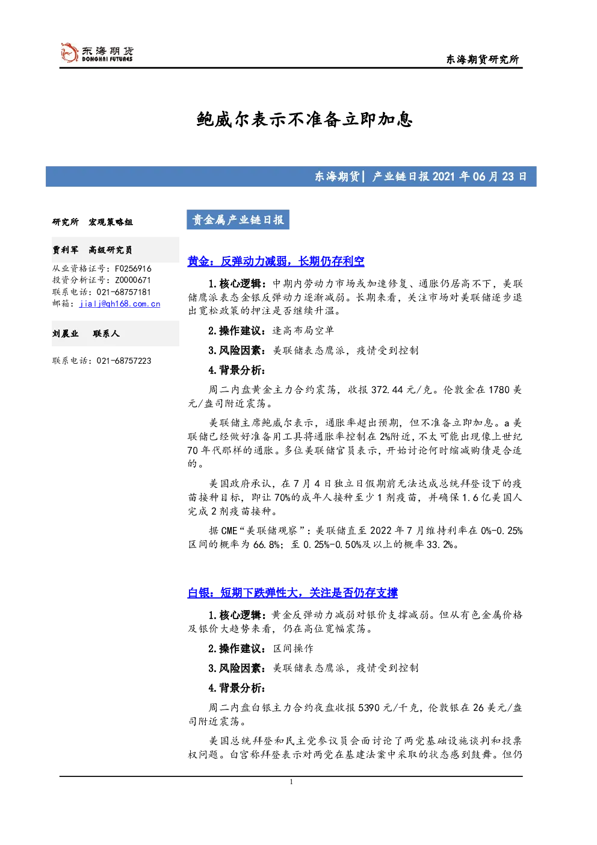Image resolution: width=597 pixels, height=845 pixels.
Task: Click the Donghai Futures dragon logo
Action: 69,52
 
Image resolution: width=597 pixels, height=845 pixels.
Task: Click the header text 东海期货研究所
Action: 483,59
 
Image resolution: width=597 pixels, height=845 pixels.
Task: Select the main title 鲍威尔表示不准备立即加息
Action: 305,119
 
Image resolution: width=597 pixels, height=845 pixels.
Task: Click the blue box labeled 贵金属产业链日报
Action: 238,220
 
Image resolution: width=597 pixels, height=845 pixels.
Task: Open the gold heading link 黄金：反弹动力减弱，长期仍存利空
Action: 276,261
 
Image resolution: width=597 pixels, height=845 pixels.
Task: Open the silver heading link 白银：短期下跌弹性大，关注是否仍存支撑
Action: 292,593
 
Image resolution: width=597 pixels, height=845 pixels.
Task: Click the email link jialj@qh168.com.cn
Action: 120,304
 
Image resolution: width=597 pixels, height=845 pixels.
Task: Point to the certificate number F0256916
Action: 133,269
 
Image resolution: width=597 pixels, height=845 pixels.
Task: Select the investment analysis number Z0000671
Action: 133,280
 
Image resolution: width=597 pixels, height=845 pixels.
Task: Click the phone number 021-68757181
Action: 123,292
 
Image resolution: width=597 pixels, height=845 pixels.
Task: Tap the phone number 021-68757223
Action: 123,361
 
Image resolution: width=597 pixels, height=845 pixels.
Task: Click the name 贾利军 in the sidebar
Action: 65,250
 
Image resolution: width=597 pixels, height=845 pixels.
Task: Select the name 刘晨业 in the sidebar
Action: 65,334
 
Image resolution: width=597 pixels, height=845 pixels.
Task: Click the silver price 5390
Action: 368,708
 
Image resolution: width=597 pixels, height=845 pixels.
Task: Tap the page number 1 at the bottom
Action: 291,782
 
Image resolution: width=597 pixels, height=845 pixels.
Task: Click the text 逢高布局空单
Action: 303,331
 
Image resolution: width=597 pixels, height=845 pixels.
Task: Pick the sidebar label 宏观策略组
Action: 110,222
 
